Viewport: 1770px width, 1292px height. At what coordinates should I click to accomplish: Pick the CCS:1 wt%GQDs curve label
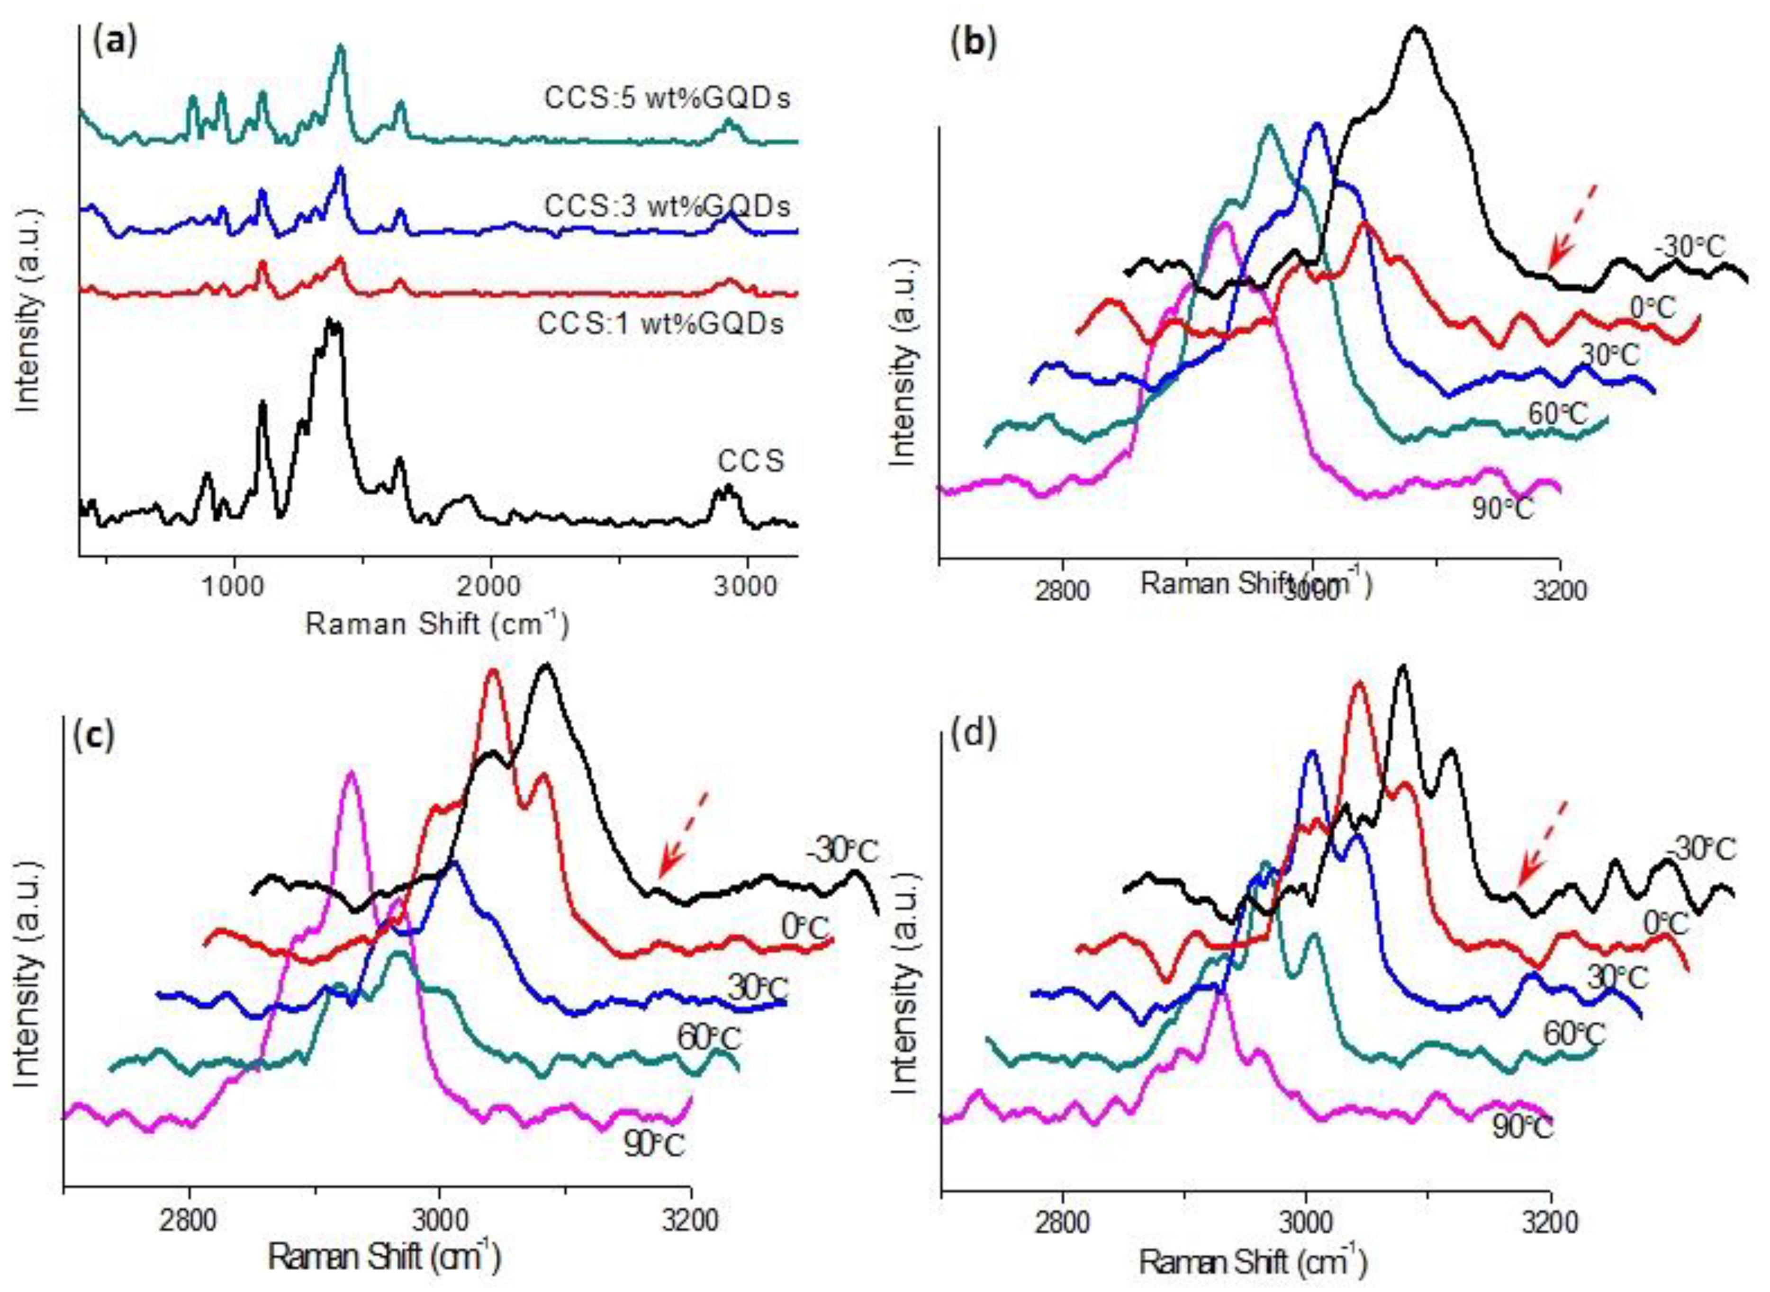pos(659,323)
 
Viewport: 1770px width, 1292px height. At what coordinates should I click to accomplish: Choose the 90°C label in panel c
pos(653,1145)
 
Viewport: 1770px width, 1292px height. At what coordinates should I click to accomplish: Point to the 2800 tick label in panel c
pos(190,1221)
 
